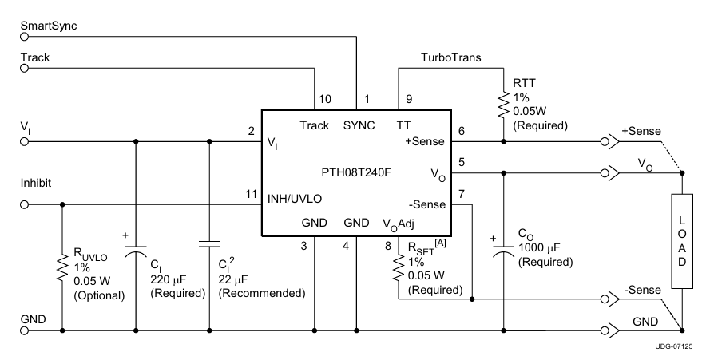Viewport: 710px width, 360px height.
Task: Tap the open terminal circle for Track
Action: point(24,69)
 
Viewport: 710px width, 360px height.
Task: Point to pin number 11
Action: point(251,194)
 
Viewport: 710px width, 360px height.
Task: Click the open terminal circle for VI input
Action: point(24,142)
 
